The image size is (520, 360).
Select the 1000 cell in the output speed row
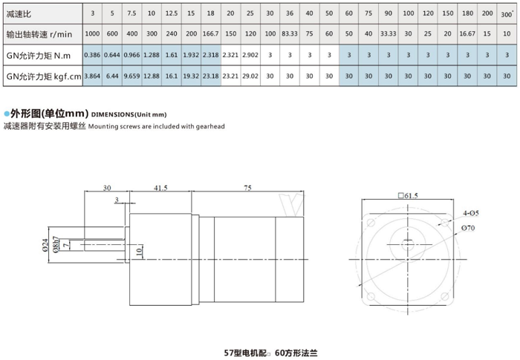92,35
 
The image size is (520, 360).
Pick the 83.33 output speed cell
289,35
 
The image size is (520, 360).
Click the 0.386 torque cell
92,56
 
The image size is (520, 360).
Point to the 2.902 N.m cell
250,56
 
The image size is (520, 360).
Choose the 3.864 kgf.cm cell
92,76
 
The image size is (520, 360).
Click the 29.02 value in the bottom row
250,76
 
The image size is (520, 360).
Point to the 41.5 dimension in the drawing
160,188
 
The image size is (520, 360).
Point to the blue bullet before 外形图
7,114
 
